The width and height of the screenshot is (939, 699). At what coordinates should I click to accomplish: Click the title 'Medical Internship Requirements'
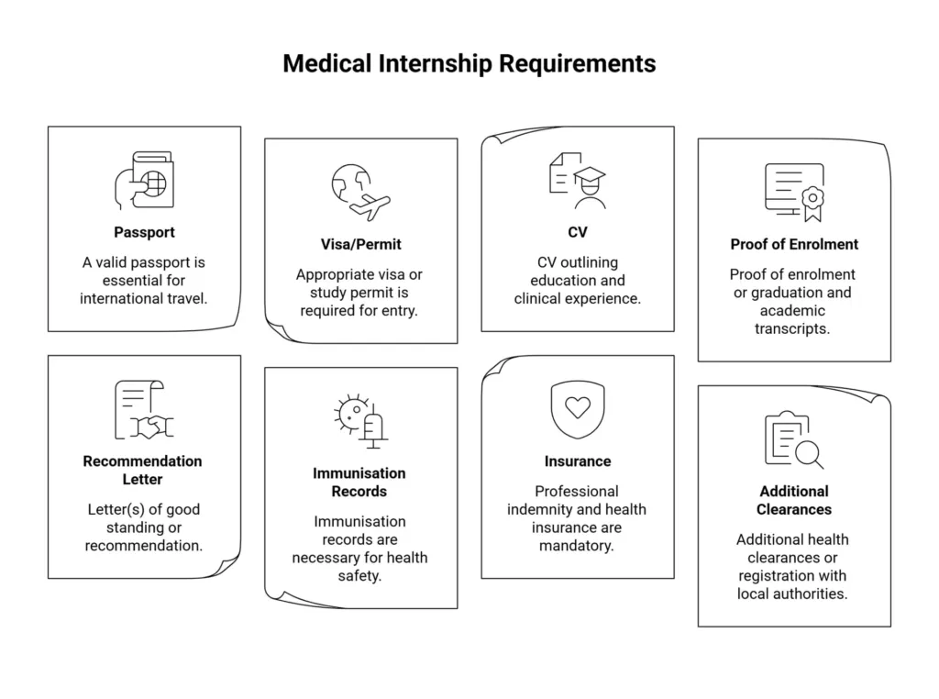tap(469, 63)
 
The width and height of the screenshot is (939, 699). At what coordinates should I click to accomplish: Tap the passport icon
tap(144, 181)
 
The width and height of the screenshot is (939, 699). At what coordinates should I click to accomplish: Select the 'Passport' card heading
tap(144, 232)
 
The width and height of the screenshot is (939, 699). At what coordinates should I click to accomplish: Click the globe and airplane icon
tap(360, 193)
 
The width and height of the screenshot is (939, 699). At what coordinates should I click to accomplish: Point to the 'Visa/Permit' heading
tap(360, 245)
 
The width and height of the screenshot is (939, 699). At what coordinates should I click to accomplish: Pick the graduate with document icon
tap(577, 182)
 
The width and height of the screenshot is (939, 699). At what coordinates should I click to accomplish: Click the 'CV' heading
tap(577, 232)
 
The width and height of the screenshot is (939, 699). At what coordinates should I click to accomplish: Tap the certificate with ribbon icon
tap(794, 193)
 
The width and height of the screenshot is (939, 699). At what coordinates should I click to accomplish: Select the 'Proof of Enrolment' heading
tap(794, 244)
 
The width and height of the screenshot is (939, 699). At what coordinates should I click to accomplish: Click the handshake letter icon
tap(144, 409)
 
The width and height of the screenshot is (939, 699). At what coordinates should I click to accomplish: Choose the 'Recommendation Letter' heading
tap(143, 470)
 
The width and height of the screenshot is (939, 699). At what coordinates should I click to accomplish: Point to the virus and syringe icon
tap(360, 421)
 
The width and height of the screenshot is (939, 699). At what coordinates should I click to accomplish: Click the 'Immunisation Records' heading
tap(359, 483)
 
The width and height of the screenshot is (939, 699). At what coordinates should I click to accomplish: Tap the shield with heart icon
tap(577, 409)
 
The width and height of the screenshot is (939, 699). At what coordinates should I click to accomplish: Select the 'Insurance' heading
tap(577, 461)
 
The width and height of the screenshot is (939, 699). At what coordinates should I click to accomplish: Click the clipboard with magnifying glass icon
tap(794, 439)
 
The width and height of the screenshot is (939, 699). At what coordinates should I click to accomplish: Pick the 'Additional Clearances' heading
tap(794, 500)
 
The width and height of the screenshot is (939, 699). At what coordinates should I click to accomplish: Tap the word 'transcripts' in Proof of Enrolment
tap(792, 328)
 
